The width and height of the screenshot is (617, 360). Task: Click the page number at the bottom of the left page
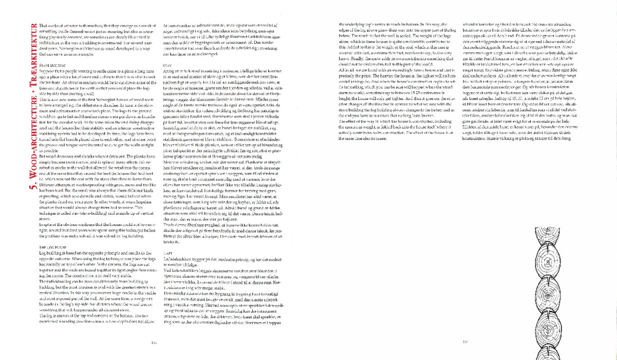(154, 343)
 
